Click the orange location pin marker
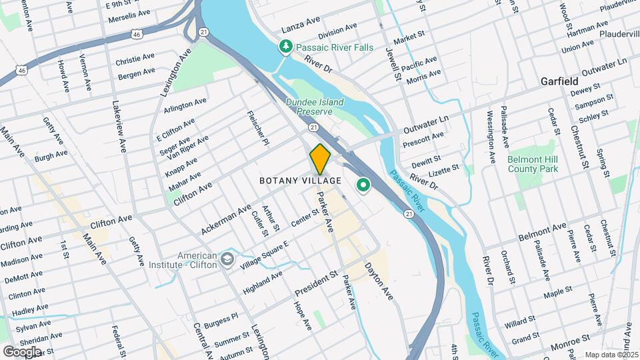click(x=320, y=159)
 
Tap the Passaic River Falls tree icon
click(x=285, y=46)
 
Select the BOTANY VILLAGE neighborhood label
click(x=300, y=181)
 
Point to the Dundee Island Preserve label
click(x=315, y=107)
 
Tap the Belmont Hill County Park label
click(x=532, y=165)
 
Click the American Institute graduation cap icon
click(x=228, y=259)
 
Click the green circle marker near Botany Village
click(x=363, y=185)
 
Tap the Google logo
click(x=21, y=351)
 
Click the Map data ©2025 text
click(x=611, y=355)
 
